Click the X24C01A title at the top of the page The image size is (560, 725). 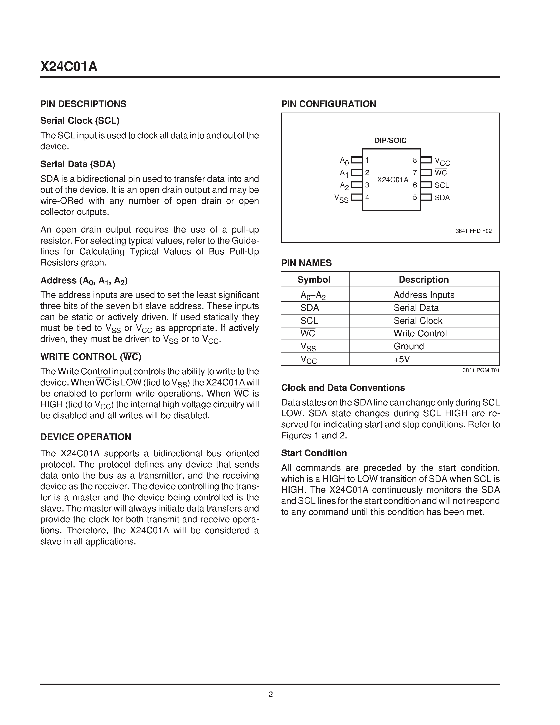(x=69, y=67)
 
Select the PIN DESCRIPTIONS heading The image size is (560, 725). (x=83, y=104)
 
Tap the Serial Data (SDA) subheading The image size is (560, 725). (x=78, y=164)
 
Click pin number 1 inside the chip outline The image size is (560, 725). (x=367, y=160)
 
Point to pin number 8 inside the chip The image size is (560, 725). (x=415, y=160)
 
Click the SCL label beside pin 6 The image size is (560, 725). (x=442, y=185)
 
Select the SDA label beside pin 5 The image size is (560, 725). (x=442, y=197)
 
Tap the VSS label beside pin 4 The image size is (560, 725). (x=341, y=199)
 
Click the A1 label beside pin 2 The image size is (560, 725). (x=344, y=173)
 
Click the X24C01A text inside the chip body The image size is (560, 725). (x=392, y=180)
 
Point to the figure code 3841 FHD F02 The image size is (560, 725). (x=473, y=231)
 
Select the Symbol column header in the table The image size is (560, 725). (x=314, y=279)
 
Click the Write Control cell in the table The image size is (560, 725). (x=420, y=333)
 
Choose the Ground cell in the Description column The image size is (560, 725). (x=408, y=346)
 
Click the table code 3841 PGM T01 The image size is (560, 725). (x=481, y=370)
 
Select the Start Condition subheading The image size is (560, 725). (x=314, y=453)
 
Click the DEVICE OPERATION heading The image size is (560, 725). (x=86, y=437)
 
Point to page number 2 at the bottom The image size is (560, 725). (x=270, y=694)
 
